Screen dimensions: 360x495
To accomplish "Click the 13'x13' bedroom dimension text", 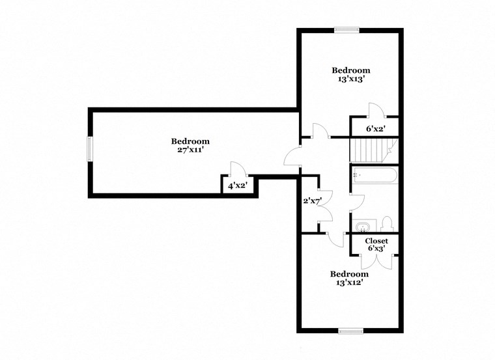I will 351,79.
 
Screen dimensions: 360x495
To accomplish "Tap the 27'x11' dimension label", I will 190,150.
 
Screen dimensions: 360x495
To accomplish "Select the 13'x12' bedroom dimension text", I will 348,283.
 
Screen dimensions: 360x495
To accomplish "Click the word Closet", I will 376,240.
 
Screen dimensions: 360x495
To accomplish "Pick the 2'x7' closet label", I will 309,201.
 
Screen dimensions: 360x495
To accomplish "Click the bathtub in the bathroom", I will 374,176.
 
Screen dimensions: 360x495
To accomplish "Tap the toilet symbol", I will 386,224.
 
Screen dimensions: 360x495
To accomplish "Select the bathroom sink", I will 361,227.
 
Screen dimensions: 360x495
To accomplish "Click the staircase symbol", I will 370,150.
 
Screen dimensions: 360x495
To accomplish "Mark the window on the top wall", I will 346,29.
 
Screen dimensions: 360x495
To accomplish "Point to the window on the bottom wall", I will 350,331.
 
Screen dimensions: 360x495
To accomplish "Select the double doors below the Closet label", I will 376,259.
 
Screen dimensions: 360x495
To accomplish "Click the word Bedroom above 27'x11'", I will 190,141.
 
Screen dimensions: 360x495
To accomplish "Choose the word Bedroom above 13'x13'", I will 351,70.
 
